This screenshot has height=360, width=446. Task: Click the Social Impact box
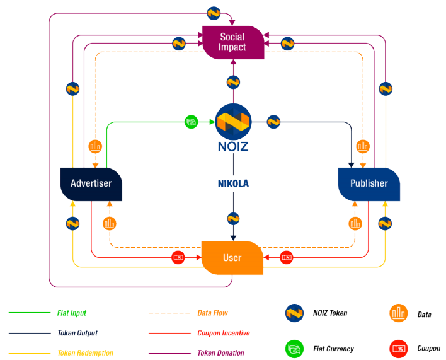232,42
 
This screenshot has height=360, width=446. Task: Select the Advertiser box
91,183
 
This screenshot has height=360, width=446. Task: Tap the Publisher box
369,183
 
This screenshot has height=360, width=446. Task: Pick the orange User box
232,258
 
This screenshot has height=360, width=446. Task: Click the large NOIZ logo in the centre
233,122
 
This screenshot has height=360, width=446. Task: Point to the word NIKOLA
233,184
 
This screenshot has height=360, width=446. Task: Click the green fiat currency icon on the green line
192,121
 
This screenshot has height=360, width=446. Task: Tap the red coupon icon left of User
178,257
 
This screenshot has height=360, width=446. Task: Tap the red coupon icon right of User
287,257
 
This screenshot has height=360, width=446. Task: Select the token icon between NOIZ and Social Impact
233,81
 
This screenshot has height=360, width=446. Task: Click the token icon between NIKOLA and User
233,219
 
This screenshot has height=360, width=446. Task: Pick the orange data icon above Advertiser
95,146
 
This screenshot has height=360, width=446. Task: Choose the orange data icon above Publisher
363,146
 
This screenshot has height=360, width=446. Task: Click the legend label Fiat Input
72,313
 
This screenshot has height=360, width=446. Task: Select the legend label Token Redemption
85,353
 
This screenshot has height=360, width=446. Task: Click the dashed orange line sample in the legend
169,313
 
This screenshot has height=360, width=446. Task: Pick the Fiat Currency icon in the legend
295,347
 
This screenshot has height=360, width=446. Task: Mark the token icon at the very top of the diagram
214,12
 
